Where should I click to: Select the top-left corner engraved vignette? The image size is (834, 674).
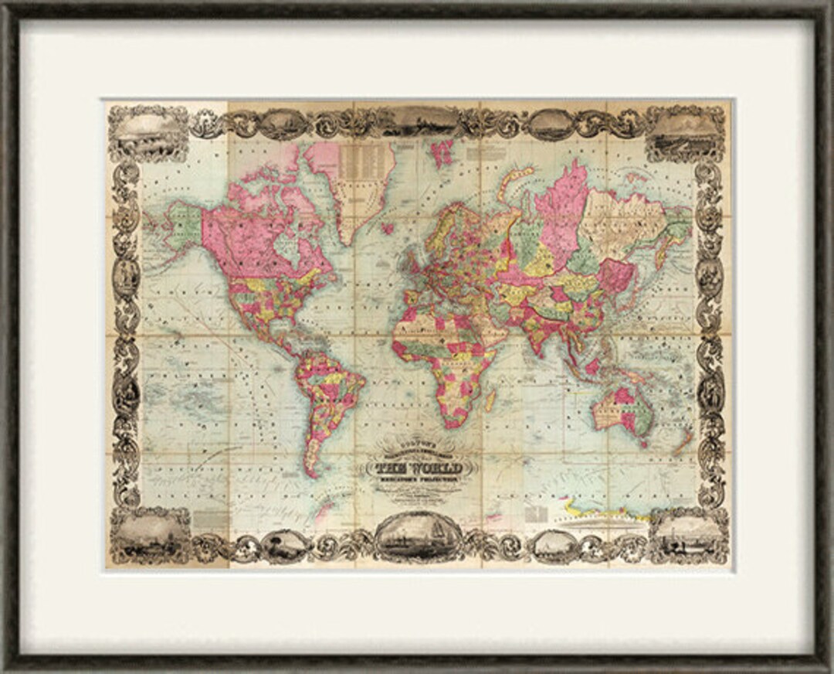[x=148, y=133]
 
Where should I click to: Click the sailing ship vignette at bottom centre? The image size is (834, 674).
[x=418, y=536]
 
